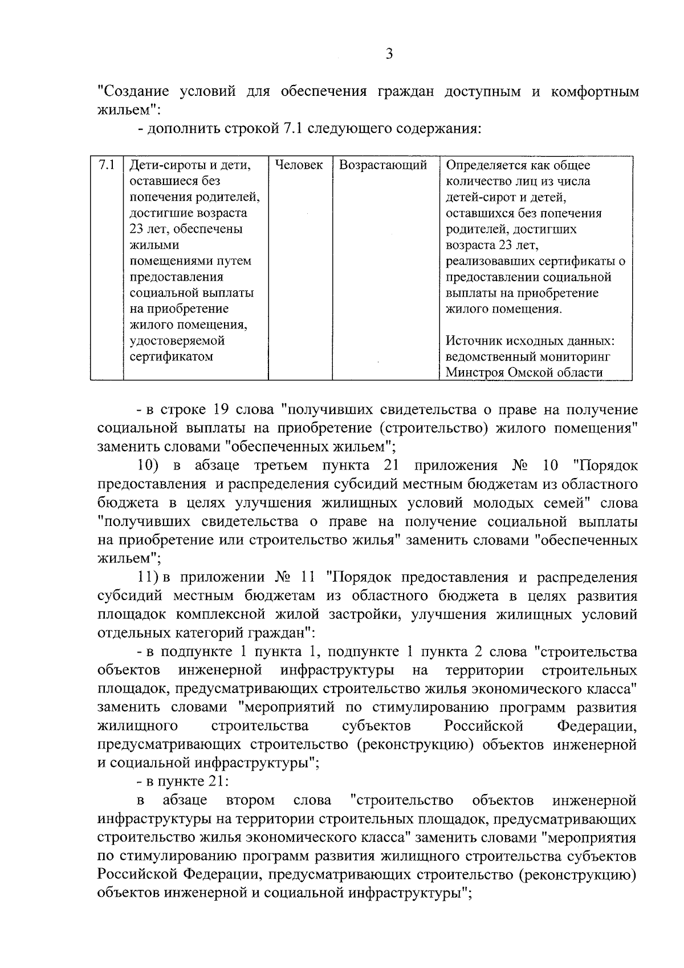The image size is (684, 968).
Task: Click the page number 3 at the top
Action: [389, 54]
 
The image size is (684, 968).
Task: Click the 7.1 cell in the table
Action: [106, 165]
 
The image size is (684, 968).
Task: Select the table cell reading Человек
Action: [299, 165]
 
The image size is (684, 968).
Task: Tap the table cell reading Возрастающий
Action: [383, 165]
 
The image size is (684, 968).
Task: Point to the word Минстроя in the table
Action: [473, 373]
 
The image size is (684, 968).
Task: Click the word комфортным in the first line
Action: [595, 92]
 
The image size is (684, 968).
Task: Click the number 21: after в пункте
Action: [217, 782]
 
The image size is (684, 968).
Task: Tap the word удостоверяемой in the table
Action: [177, 341]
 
